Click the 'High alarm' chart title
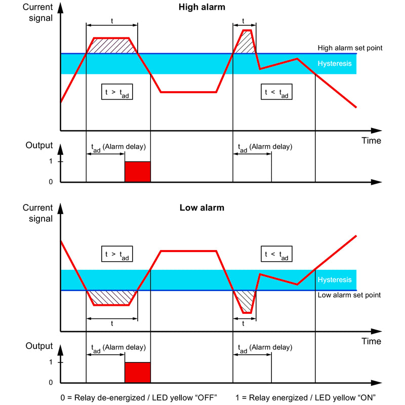(x=201, y=7)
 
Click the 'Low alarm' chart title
(x=201, y=208)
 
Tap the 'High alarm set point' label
(x=350, y=48)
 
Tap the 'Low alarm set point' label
(x=349, y=295)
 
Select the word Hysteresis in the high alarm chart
(x=335, y=64)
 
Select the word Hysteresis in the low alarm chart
(x=335, y=280)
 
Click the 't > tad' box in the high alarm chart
(x=117, y=92)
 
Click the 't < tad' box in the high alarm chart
(x=276, y=92)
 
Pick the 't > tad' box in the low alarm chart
(x=117, y=254)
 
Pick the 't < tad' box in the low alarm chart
(x=276, y=254)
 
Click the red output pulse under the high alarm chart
(x=138, y=172)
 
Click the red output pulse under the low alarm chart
(x=138, y=373)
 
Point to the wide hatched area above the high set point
(x=111, y=46)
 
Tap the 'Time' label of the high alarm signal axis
(x=371, y=141)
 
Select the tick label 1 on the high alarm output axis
(x=51, y=161)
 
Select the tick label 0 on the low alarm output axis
(x=51, y=382)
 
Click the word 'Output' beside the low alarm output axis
(x=39, y=346)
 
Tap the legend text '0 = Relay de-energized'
(x=103, y=398)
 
